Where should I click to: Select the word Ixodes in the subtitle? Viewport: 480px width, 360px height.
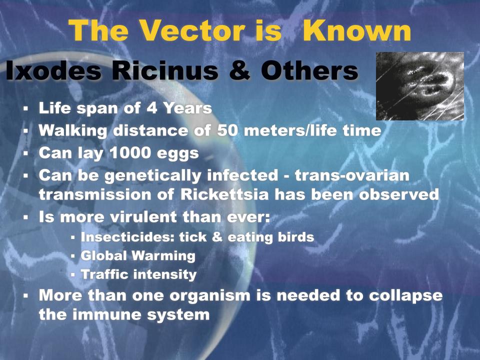coord(53,70)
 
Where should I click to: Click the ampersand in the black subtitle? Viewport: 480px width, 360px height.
coord(239,70)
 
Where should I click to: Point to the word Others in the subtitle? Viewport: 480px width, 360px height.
coord(309,70)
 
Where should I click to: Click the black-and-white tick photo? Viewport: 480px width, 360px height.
coord(420,86)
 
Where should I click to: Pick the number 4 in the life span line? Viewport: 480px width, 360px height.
coord(151,108)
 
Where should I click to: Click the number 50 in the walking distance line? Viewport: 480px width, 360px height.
coord(227,130)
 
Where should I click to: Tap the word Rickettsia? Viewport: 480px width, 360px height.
coord(224,194)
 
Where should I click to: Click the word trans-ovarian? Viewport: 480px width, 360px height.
coord(352,175)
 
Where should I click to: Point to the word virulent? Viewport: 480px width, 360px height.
coord(143,217)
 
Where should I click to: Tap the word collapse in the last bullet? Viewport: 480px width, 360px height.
coord(405,295)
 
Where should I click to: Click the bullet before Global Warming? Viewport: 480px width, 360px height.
coord(73,256)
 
